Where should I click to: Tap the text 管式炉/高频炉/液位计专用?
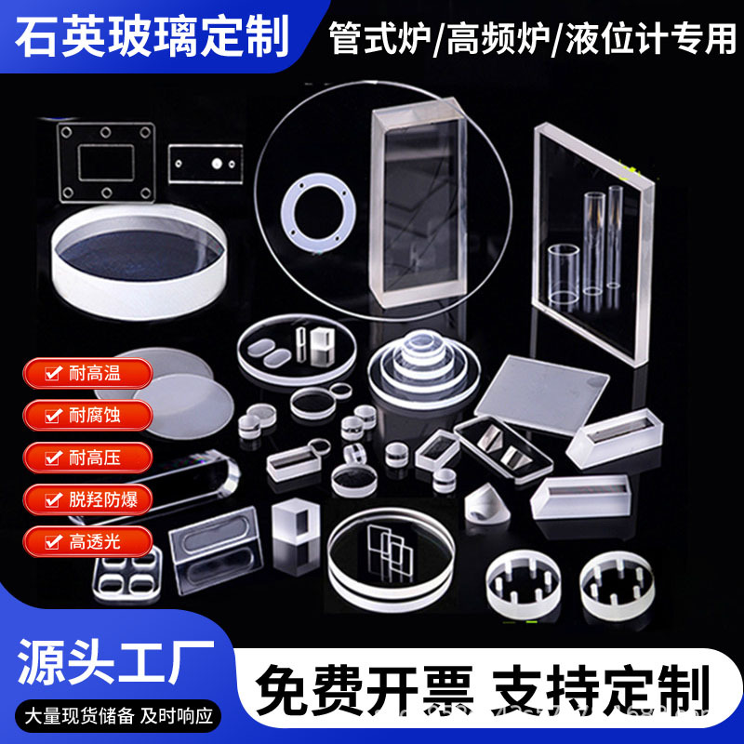[532, 38]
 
